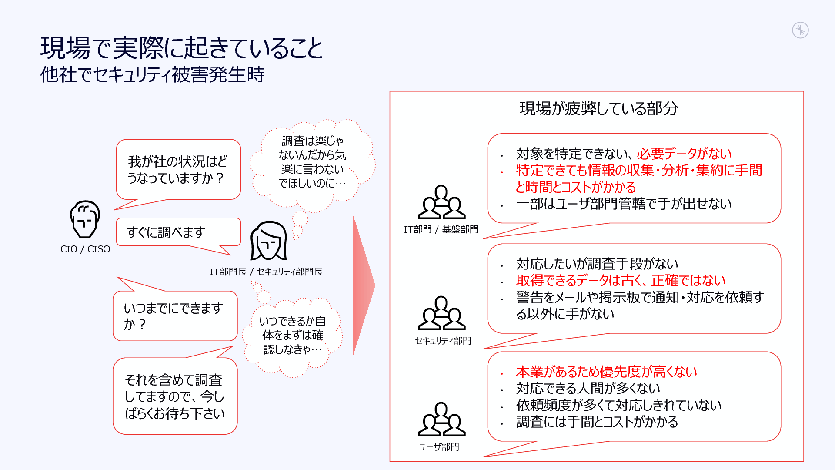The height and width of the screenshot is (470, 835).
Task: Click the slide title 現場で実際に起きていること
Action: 181,48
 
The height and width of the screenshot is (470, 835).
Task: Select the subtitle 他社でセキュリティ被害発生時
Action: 152,74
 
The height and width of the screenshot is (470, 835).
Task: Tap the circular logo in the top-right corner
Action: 800,30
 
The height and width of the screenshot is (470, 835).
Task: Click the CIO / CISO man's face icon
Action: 85,219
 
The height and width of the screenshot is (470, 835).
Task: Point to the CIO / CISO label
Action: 85,249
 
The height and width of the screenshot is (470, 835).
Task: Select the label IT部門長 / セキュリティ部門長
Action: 266,272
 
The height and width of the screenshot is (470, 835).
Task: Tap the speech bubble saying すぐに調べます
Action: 178,232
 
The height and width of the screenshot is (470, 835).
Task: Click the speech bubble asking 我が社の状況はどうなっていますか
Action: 178,169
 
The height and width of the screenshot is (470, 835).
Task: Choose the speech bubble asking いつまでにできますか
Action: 175,316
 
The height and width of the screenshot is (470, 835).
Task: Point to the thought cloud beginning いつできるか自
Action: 293,335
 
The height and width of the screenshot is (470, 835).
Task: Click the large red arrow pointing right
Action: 363,285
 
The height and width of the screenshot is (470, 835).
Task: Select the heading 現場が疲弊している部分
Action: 598,108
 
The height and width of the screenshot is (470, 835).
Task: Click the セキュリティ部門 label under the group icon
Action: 443,341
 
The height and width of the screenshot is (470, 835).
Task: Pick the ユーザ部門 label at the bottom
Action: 439,447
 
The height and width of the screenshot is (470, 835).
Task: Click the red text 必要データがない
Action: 684,154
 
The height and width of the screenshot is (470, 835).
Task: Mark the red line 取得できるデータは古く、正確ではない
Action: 621,280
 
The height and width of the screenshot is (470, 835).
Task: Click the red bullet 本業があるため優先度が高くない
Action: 606,372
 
